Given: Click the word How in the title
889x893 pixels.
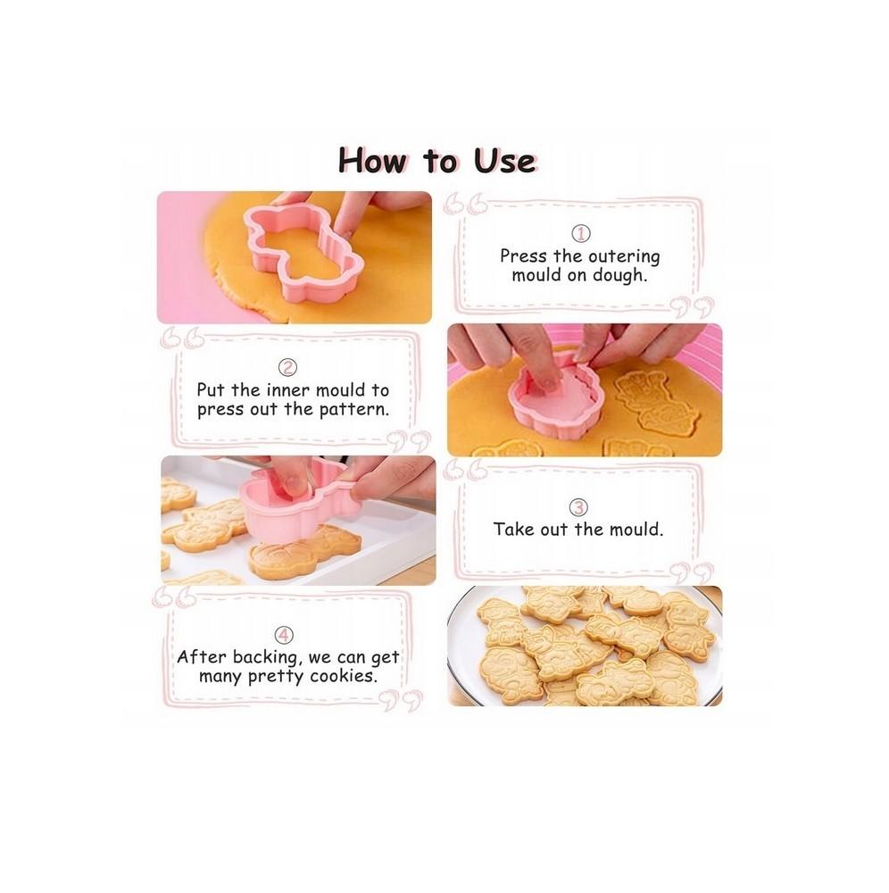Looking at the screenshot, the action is (x=372, y=160).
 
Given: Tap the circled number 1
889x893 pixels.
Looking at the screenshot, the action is (x=580, y=233).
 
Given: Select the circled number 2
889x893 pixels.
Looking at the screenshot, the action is (x=288, y=368).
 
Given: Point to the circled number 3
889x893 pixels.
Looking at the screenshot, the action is (x=578, y=507).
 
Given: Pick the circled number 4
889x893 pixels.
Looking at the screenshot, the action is (x=284, y=636).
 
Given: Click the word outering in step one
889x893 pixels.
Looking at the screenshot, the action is (x=624, y=257).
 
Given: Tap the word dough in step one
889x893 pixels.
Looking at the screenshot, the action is (x=619, y=276).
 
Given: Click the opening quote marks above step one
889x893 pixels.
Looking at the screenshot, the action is (x=466, y=204).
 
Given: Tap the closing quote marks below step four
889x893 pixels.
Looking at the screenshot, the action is (x=403, y=700).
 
